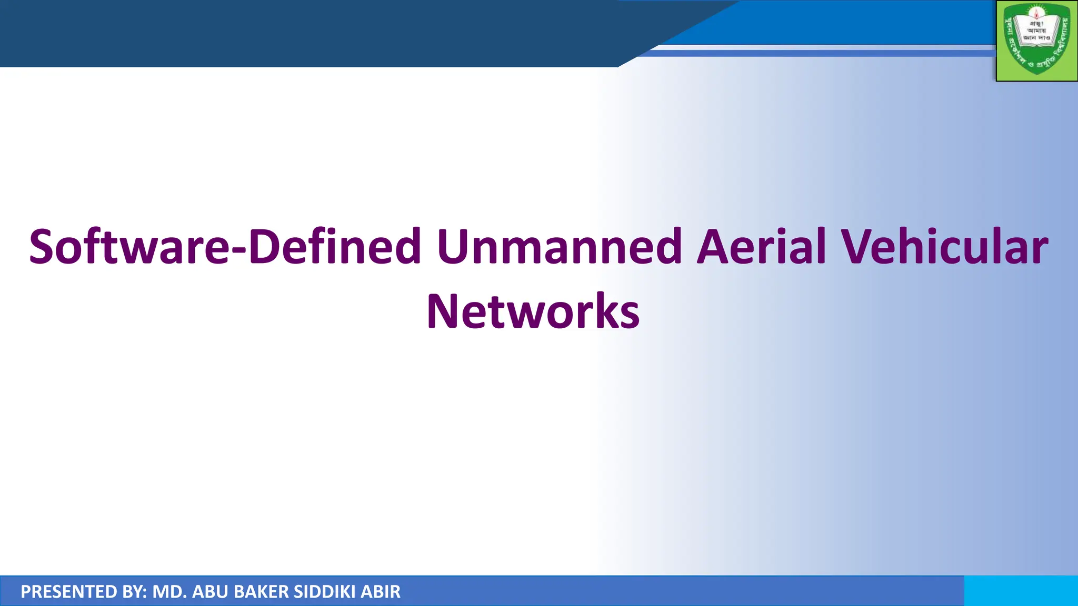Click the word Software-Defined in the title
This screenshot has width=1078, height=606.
pyautogui.click(x=225, y=247)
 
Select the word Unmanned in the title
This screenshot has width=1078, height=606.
pyautogui.click(x=559, y=247)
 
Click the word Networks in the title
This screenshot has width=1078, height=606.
pyautogui.click(x=533, y=312)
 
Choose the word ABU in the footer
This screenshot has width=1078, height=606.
pyautogui.click(x=210, y=592)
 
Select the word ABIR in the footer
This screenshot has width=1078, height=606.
pyautogui.click(x=380, y=592)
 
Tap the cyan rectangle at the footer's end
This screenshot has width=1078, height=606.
pyautogui.click(x=1021, y=591)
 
